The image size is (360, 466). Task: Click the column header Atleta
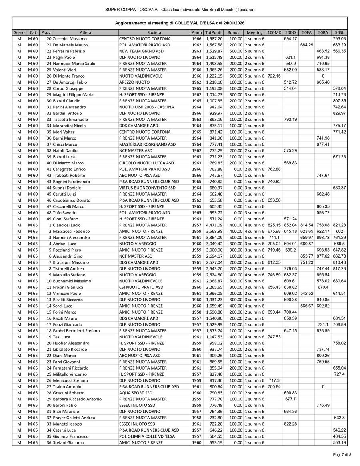point(85,32)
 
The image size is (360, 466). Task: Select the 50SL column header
point(339,32)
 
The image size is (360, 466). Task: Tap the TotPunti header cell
point(213,32)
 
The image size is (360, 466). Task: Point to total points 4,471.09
point(214,225)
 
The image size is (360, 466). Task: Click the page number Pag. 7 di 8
point(342,454)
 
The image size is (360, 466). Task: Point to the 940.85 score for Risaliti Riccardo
point(323,300)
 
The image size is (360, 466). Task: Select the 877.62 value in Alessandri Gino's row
point(323,256)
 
